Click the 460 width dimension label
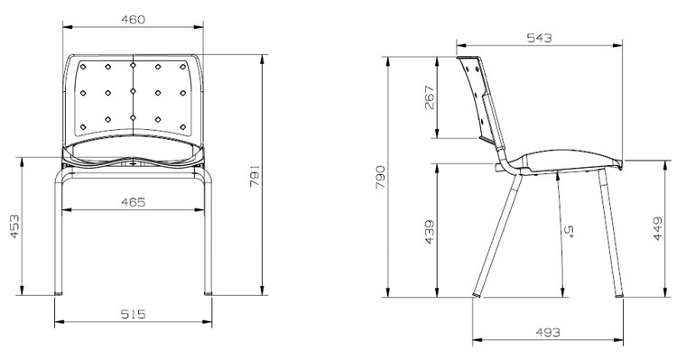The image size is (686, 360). (133, 20)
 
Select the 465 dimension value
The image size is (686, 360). (133, 202)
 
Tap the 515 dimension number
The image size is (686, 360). (133, 314)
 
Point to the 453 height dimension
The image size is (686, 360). (14, 226)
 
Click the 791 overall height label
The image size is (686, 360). (255, 176)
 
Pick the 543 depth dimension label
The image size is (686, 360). (539, 38)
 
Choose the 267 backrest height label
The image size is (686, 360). (430, 97)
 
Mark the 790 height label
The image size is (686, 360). (380, 177)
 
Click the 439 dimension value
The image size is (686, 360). (429, 232)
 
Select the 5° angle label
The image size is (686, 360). (569, 231)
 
